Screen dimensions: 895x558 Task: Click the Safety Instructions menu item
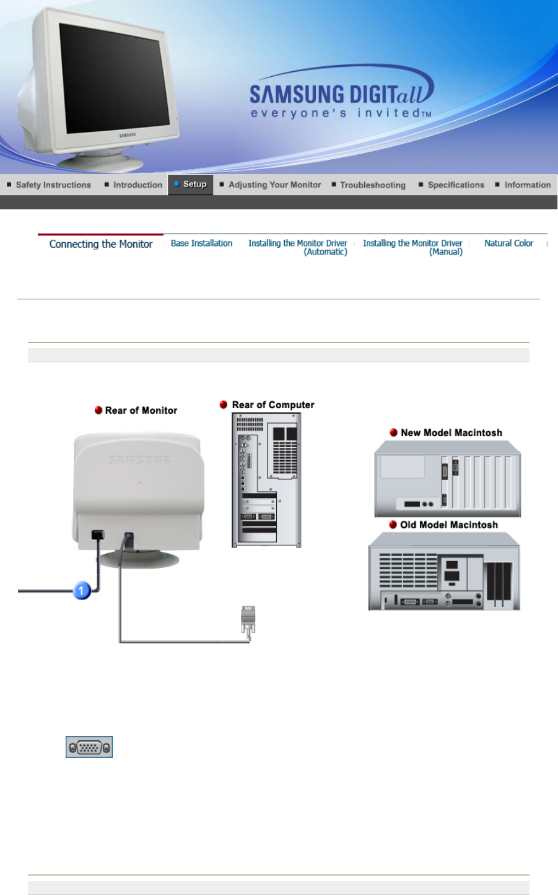[53, 185]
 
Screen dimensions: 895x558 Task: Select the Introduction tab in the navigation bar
[137, 185]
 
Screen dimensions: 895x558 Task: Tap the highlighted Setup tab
[191, 184]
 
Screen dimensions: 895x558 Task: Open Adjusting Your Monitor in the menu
[274, 185]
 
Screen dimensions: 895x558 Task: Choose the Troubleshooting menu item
[372, 185]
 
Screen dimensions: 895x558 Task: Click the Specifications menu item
[456, 185]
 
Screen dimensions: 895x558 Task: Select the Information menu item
[527, 185]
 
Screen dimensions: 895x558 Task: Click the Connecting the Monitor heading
[101, 244]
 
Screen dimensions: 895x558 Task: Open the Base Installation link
[201, 243]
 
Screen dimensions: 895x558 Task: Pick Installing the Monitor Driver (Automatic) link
[298, 247]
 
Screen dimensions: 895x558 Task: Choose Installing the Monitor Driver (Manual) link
[412, 247]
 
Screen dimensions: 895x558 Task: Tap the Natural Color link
[508, 243]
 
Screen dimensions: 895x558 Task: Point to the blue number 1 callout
[82, 590]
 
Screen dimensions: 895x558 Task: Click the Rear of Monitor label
[141, 410]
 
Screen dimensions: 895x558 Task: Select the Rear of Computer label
[272, 404]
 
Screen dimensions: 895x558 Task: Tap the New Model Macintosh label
[451, 432]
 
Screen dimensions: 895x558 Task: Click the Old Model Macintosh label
[448, 525]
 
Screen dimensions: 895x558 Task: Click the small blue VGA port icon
[89, 747]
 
